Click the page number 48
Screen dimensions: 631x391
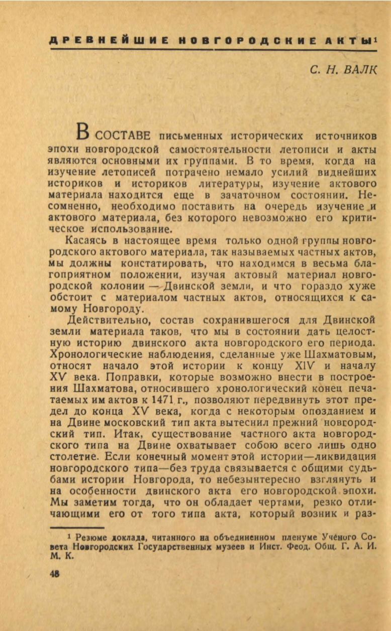pos(54,574)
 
